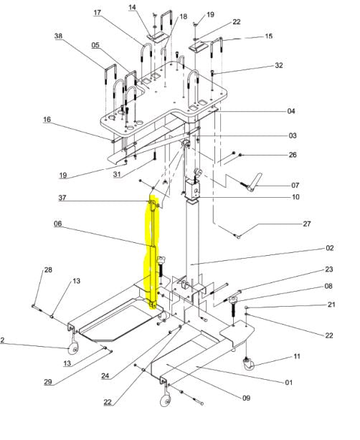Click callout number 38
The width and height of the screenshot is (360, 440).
(x=58, y=36)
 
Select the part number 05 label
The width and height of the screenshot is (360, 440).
(x=95, y=45)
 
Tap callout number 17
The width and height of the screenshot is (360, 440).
(x=97, y=13)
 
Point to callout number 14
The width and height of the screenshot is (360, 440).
(x=132, y=7)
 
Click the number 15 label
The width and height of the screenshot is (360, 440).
(x=269, y=37)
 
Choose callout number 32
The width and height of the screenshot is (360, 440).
(x=279, y=65)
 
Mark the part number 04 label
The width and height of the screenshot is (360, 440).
(x=291, y=111)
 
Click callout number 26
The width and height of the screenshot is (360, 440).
(x=293, y=155)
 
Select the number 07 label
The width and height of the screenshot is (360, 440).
(x=295, y=185)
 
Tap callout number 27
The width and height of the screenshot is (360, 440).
(x=307, y=224)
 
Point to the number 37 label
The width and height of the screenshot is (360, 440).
(x=62, y=198)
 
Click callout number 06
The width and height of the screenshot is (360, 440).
(x=58, y=224)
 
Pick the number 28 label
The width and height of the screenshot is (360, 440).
(x=48, y=269)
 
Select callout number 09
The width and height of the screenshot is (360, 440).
(x=246, y=398)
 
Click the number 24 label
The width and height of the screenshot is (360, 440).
(x=105, y=376)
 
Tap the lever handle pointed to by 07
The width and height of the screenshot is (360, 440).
(x=252, y=182)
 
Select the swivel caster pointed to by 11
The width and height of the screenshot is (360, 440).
(x=248, y=363)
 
